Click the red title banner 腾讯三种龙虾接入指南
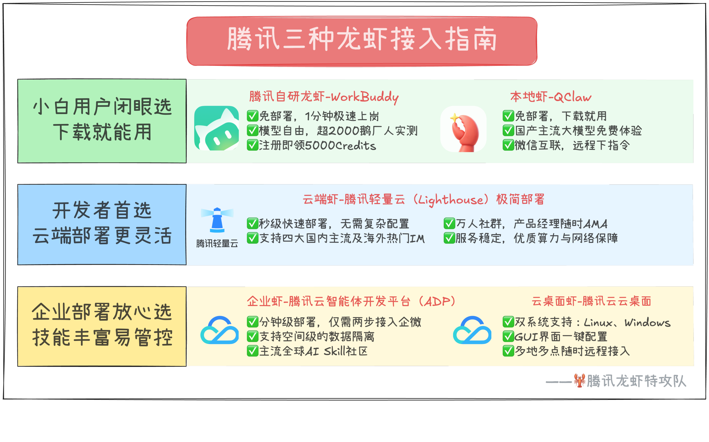[x=362, y=41]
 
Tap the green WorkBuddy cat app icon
[x=217, y=128]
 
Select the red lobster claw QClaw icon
[x=463, y=129]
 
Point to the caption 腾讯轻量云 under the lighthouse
[x=217, y=243]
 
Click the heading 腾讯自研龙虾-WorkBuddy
[x=323, y=97]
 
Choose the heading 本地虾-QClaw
[x=551, y=97]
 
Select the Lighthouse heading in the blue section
[x=423, y=199]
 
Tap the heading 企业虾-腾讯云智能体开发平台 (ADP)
[x=351, y=301]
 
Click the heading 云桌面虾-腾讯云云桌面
[x=591, y=301]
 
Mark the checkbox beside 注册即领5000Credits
[x=252, y=145]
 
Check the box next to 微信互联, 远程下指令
[x=508, y=145]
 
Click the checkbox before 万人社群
[x=449, y=224]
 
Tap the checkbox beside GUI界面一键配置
[x=508, y=336]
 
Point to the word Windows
[x=647, y=322]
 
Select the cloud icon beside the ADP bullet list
[x=219, y=330]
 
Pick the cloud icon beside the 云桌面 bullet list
[x=472, y=330]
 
